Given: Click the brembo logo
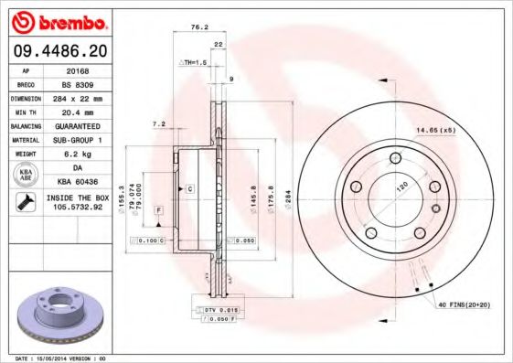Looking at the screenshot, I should (x=58, y=19).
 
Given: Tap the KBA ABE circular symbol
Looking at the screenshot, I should (x=27, y=176).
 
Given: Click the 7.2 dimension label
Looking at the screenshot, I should (x=157, y=124).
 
